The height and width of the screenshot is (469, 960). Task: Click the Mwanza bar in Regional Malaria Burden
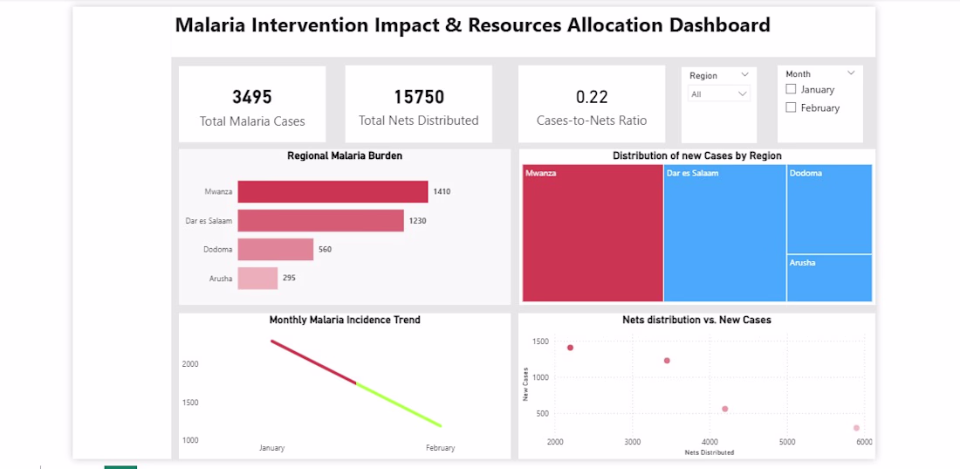(x=333, y=191)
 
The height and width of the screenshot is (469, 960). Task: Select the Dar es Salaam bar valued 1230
(x=321, y=221)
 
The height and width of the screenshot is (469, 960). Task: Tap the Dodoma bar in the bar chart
(x=276, y=250)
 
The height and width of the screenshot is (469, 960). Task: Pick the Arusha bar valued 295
(x=257, y=278)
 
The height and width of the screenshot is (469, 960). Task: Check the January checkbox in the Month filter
(x=791, y=89)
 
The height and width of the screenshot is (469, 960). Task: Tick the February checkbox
(x=791, y=107)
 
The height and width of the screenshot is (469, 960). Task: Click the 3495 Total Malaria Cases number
(x=252, y=97)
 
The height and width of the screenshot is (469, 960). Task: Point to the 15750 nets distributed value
(x=419, y=97)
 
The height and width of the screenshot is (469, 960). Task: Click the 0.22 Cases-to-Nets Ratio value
(x=592, y=97)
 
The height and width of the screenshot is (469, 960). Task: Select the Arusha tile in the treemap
(x=830, y=278)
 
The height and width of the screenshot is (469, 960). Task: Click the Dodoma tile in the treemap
(x=830, y=209)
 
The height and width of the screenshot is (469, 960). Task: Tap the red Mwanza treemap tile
(x=593, y=233)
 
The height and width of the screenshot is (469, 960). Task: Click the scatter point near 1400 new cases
(x=570, y=348)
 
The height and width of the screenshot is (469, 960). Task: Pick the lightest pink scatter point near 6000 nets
(x=856, y=428)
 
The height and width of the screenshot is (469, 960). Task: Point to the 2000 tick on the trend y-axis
(x=190, y=363)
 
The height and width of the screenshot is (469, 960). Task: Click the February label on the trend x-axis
(x=440, y=448)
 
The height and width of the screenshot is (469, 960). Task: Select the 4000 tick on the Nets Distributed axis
(x=710, y=442)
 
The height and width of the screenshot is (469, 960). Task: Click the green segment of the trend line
(x=399, y=404)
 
